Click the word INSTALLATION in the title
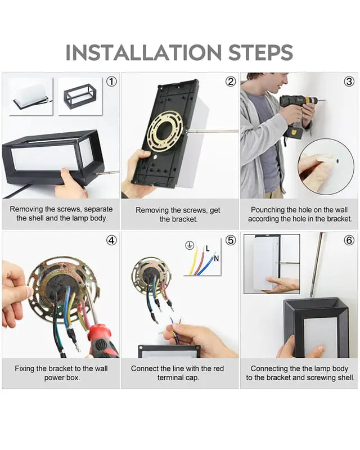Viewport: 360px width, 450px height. (x=143, y=52)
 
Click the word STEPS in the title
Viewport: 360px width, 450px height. (x=260, y=52)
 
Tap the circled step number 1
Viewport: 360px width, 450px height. (x=112, y=82)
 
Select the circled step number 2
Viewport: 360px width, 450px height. (x=231, y=82)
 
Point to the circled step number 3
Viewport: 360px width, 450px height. (x=349, y=82)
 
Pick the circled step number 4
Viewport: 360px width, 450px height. (x=112, y=240)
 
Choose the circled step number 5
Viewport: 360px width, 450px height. (x=231, y=240)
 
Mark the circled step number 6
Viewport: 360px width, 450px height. (x=349, y=240)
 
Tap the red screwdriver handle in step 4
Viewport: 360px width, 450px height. (x=101, y=341)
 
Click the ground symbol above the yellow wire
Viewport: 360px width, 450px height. (x=190, y=245)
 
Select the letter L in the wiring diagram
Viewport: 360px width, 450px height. (x=208, y=249)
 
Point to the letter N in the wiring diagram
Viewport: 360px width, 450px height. (x=216, y=258)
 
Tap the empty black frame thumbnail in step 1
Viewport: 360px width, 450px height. (x=80, y=96)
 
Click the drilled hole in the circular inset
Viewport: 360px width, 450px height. (x=337, y=161)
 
